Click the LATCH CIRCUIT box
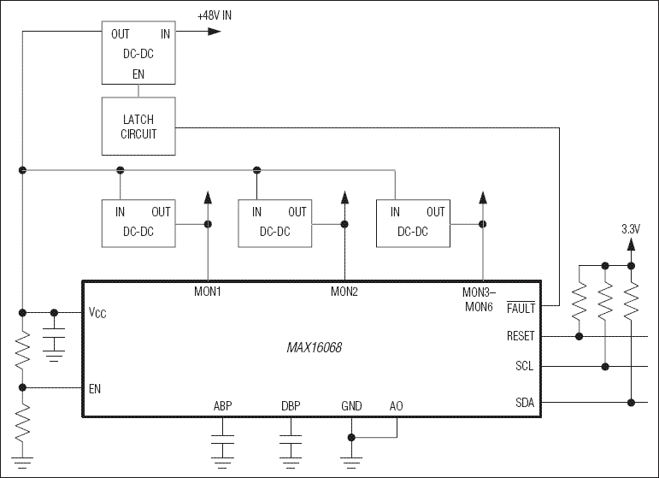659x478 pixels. click(138, 126)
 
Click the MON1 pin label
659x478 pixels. click(208, 292)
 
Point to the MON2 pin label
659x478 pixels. click(344, 292)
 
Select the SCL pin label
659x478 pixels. click(525, 367)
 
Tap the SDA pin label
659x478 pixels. click(525, 402)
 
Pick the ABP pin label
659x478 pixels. click(223, 406)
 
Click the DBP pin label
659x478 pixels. click(291, 406)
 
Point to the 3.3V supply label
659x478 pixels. click(630, 229)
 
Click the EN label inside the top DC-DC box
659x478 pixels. click(138, 75)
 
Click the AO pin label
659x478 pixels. click(396, 406)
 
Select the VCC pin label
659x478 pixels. click(98, 313)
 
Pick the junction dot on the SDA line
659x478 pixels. click(631, 402)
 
